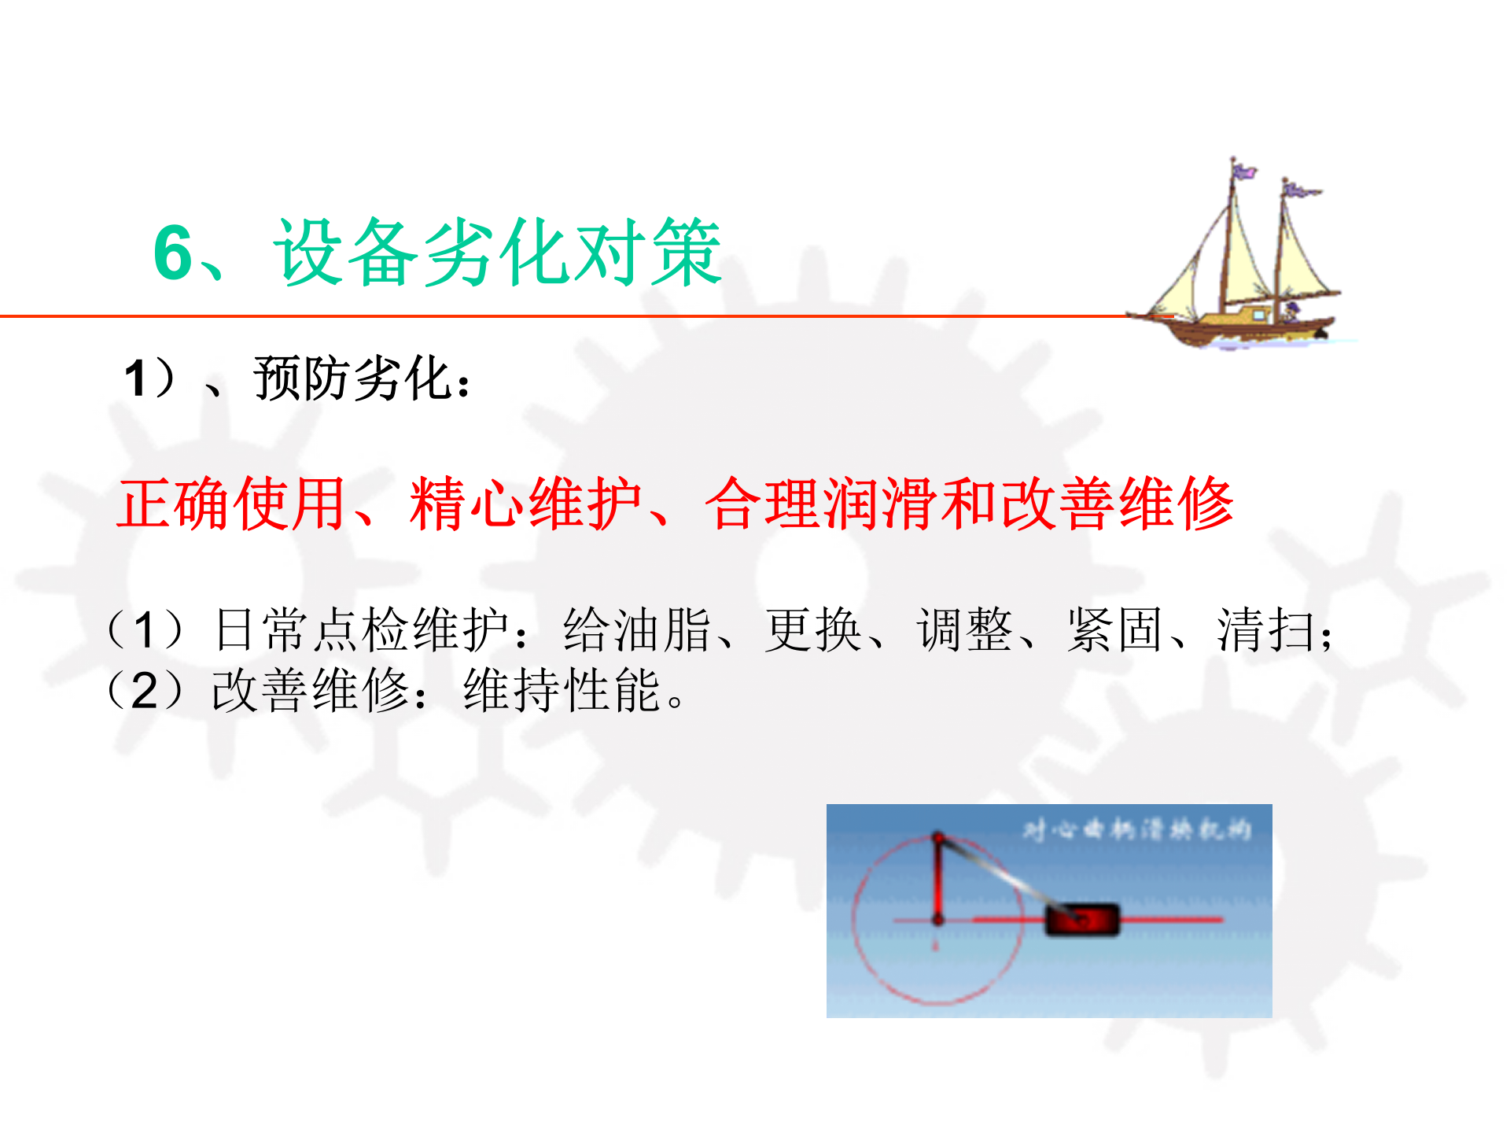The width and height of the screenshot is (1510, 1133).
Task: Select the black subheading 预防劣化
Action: pos(354,379)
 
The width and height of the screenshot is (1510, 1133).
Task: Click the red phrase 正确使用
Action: pos(231,504)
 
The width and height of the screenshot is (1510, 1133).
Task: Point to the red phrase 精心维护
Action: pos(525,504)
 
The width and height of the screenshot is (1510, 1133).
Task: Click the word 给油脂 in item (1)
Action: pos(637,630)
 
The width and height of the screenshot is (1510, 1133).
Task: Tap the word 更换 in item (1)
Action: pos(813,630)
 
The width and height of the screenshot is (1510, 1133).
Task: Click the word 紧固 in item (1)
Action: pos(1114,630)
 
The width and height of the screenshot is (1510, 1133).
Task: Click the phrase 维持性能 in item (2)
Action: pos(562,691)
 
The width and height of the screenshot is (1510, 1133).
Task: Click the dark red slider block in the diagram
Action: pos(1081,920)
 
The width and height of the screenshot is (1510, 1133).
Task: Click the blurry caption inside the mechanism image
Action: pos(1136,830)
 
